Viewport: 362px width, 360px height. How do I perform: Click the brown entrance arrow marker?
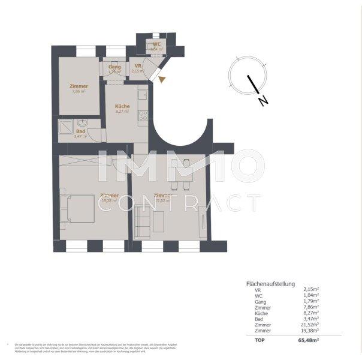coord(161,78)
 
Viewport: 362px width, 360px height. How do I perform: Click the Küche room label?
coord(122,106)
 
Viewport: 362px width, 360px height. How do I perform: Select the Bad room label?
coord(80,131)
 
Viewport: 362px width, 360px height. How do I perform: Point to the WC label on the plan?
coord(156,44)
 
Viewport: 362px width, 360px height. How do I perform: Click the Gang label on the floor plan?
coord(114,67)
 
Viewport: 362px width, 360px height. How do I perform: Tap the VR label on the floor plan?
coord(138,67)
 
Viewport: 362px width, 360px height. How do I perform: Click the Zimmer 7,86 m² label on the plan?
coord(79,86)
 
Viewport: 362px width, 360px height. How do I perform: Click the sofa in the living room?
coord(141,220)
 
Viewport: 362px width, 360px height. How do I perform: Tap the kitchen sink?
coord(143,94)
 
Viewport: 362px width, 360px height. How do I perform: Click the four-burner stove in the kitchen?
coord(143,114)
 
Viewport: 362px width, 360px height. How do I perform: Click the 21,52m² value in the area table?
coord(310,325)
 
